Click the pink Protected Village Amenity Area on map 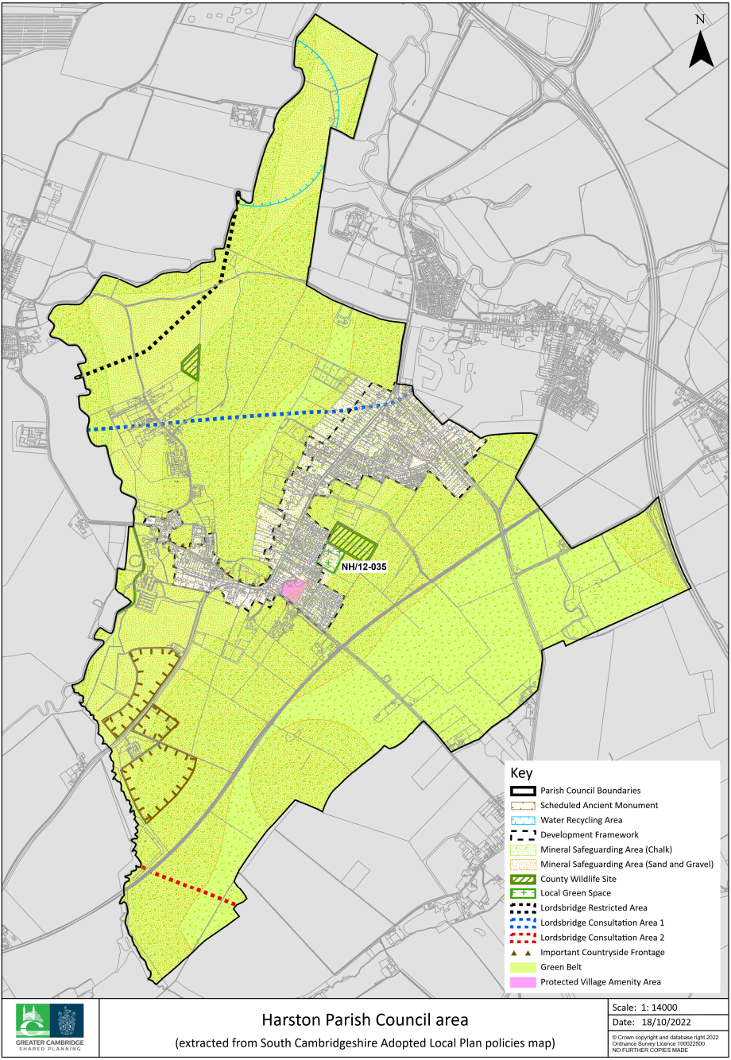point(292,590)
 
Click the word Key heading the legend point(521,773)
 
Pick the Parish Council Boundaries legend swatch point(523,791)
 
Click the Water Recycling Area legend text point(581,820)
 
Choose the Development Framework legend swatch point(523,835)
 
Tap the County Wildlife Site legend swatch point(523,879)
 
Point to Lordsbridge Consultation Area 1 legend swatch point(523,923)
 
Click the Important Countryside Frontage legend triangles point(522,953)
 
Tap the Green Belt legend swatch point(523,967)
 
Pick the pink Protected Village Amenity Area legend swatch point(523,982)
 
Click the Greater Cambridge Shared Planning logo point(50,1028)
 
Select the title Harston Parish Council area point(365,1019)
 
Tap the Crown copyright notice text point(665,1042)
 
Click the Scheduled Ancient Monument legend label point(599,806)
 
